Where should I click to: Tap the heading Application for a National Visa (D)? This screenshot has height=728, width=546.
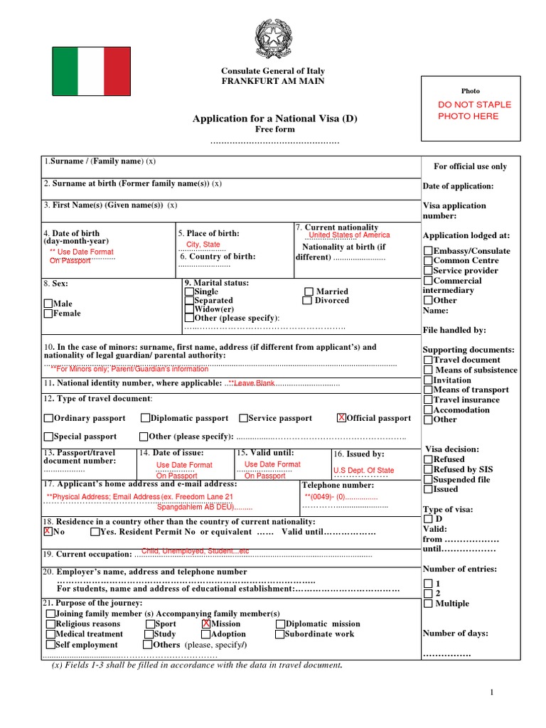tap(274, 119)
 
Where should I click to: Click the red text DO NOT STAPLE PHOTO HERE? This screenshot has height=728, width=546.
tap(474, 110)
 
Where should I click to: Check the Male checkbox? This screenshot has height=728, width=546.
tap(48, 304)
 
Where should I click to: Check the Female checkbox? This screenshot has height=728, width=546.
tap(48, 314)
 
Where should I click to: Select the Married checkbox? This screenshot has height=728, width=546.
tap(309, 291)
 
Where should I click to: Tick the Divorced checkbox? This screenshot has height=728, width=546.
tap(307, 301)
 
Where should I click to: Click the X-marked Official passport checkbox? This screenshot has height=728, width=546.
tap(341, 418)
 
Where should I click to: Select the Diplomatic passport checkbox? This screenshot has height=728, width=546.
tap(145, 418)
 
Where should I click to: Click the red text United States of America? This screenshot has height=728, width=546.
tap(349, 235)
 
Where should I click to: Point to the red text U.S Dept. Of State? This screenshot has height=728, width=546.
tap(363, 470)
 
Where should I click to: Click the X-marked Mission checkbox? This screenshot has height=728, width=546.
tap(206, 623)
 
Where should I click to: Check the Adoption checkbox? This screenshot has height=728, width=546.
tap(206, 633)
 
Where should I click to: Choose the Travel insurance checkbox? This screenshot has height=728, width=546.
tap(427, 400)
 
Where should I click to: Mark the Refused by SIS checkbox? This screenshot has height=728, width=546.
tap(427, 469)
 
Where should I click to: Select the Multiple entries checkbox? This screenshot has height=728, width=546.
tap(427, 604)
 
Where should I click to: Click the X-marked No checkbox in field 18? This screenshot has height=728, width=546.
tap(48, 532)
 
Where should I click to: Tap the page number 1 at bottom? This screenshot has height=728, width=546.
tap(491, 692)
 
